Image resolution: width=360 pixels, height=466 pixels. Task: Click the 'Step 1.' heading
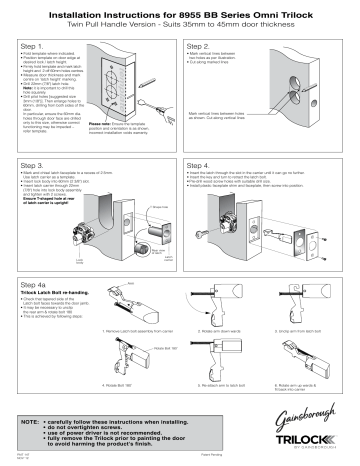[x=35, y=46]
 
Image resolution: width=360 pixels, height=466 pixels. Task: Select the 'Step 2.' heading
[x=200, y=46]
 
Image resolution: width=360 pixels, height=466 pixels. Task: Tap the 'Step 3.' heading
[x=35, y=162]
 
